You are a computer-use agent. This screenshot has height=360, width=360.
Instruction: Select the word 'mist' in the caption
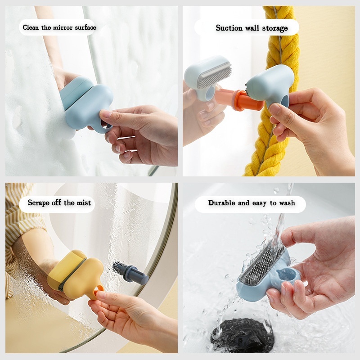point(84,203)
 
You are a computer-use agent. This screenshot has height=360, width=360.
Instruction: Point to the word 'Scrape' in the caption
point(38,203)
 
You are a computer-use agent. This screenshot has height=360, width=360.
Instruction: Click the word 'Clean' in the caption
point(31,27)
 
